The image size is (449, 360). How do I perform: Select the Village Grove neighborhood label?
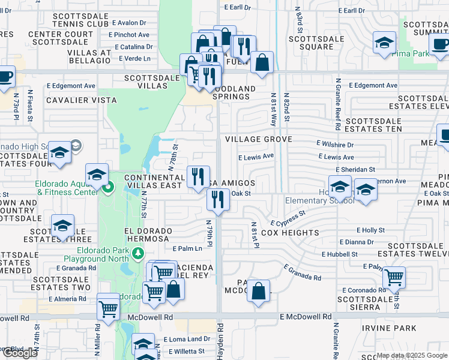click(x=259, y=139)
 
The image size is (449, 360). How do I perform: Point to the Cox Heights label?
click(x=290, y=233)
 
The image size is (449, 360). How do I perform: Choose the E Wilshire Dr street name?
click(x=335, y=145)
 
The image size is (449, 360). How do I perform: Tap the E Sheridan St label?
click(x=355, y=170)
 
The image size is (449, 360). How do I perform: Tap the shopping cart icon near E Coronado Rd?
click(x=394, y=277)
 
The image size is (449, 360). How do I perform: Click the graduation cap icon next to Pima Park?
click(x=384, y=43)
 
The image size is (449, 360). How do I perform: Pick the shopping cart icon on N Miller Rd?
click(x=108, y=309)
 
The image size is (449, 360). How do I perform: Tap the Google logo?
click(x=19, y=353)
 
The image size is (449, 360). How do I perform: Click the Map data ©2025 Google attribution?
click(x=412, y=355)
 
